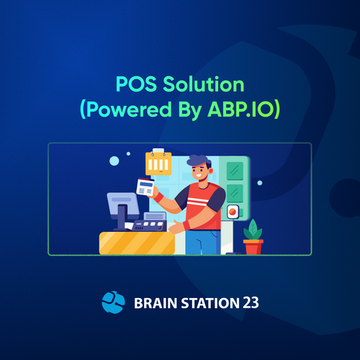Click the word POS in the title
pyautogui.click(x=136, y=84)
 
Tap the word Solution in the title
pyautogui.click(x=204, y=84)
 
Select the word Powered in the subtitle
pyautogui.click(x=129, y=110)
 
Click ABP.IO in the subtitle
pyautogui.click(x=240, y=109)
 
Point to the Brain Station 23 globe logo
pyautogui.click(x=113, y=302)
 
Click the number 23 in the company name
pyautogui.click(x=251, y=303)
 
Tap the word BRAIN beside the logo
pyautogui.click(x=156, y=303)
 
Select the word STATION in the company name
pyautogui.click(x=210, y=303)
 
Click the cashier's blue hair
pyautogui.click(x=198, y=161)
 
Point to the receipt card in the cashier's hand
pyautogui.click(x=145, y=186)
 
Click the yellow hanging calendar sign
pyautogui.click(x=158, y=162)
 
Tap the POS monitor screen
pyautogui.click(x=123, y=203)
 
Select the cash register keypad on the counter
pyautogui.click(x=149, y=225)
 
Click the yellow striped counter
pyautogui.click(x=137, y=243)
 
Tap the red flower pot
pyautogui.click(x=253, y=247)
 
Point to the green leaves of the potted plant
pyautogui.click(x=253, y=230)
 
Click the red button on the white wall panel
pyautogui.click(x=233, y=212)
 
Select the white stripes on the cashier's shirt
pyautogui.click(x=198, y=201)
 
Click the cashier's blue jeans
pyautogui.click(x=203, y=242)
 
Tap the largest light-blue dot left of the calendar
pyautogui.click(x=114, y=161)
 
